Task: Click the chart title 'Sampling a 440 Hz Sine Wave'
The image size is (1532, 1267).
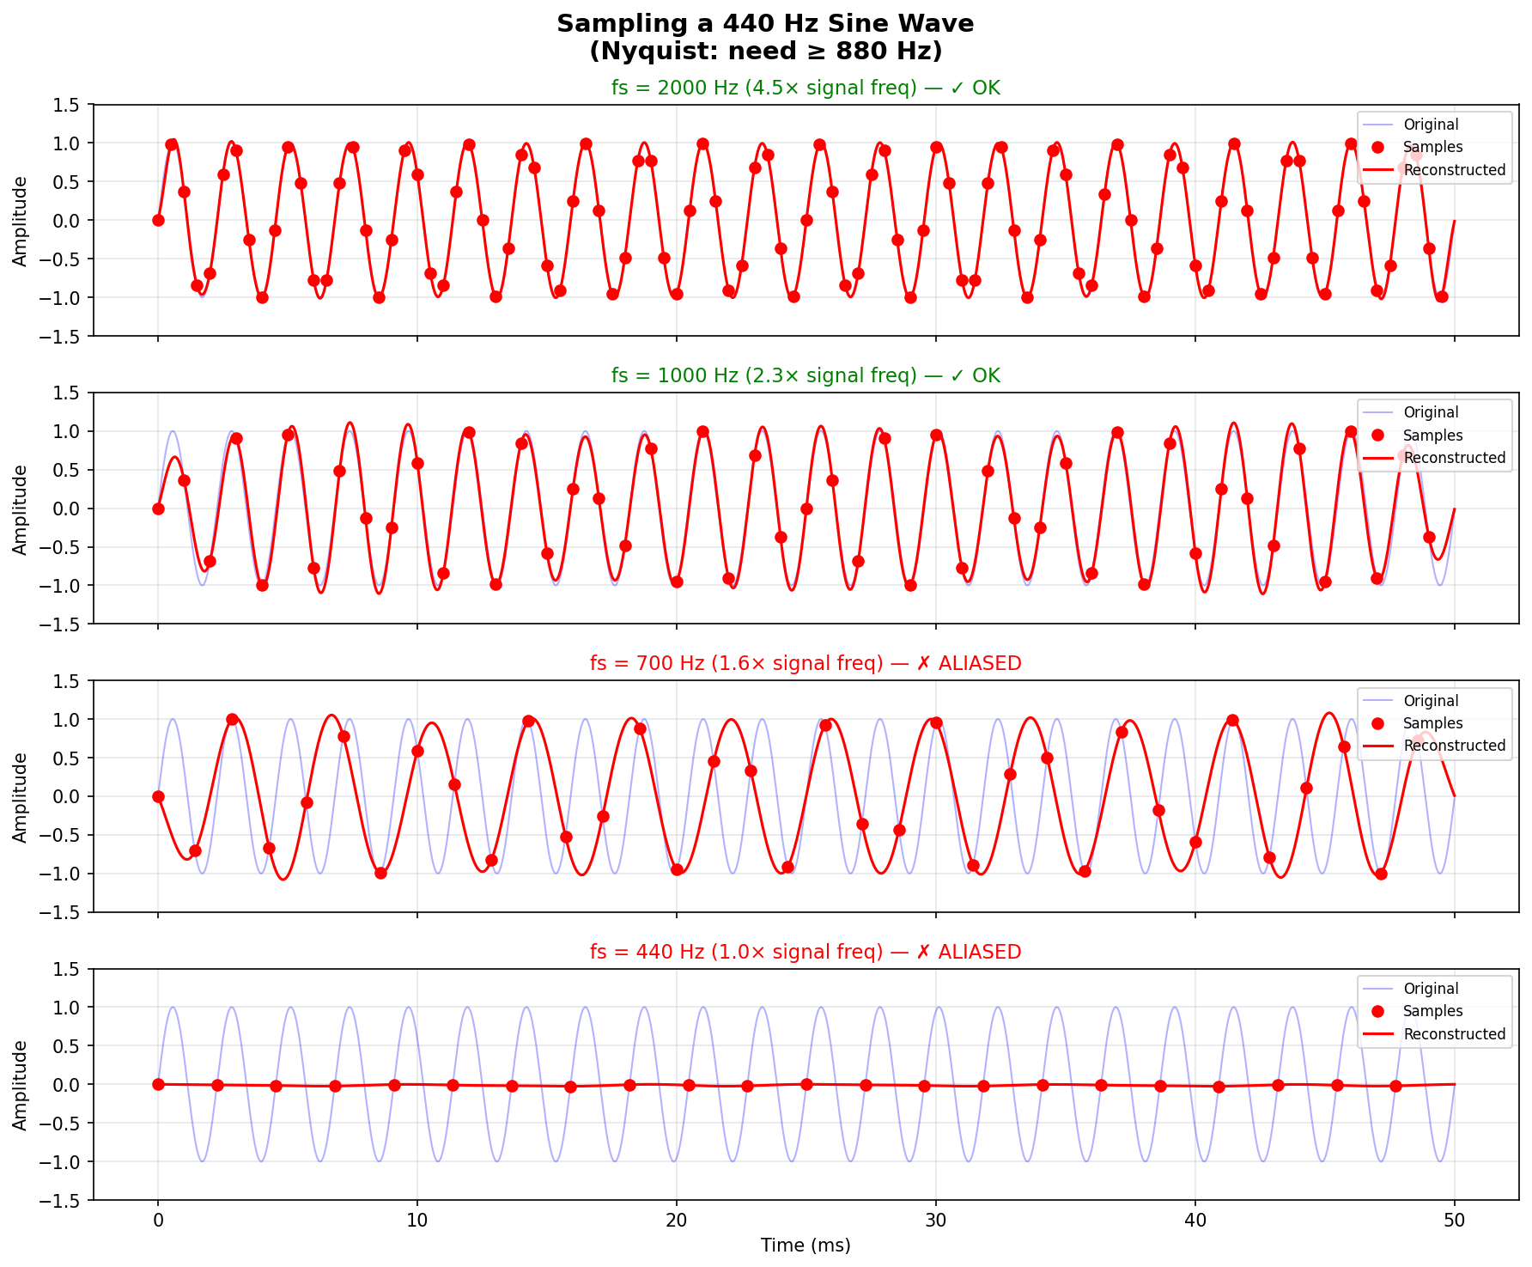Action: [x=765, y=24]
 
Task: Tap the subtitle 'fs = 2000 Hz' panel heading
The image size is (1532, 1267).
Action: [x=805, y=88]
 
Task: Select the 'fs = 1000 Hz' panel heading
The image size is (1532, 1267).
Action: [x=805, y=376]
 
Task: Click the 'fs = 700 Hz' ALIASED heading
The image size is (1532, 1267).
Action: [x=805, y=664]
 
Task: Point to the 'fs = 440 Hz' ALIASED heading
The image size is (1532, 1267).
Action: [x=805, y=953]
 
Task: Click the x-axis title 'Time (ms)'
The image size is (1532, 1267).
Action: [x=806, y=1246]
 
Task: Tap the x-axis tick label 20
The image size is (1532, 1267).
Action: [x=676, y=1220]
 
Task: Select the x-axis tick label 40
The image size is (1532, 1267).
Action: [x=1195, y=1220]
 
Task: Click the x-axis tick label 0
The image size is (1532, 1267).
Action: [x=158, y=1220]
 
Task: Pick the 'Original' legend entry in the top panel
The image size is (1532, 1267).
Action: [x=1431, y=125]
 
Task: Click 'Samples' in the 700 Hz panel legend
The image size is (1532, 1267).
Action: [x=1432, y=723]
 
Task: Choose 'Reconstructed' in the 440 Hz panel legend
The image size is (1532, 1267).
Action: [x=1454, y=1034]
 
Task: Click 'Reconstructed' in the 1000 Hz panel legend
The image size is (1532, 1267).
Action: [x=1454, y=458]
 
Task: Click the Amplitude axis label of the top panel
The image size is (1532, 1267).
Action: [x=21, y=220]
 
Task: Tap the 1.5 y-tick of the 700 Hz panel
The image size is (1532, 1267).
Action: [x=67, y=681]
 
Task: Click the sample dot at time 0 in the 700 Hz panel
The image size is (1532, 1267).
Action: [x=158, y=796]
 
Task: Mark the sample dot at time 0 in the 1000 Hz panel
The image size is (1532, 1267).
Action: [x=158, y=509]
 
